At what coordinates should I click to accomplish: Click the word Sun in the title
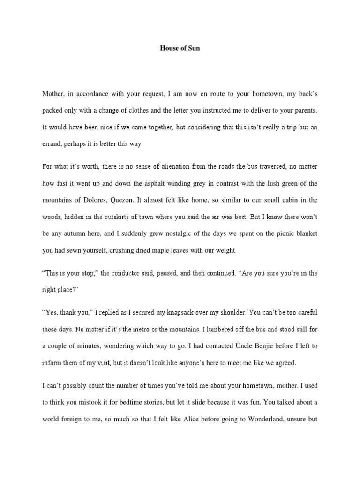coord(194,48)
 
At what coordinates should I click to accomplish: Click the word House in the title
coord(169,48)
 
